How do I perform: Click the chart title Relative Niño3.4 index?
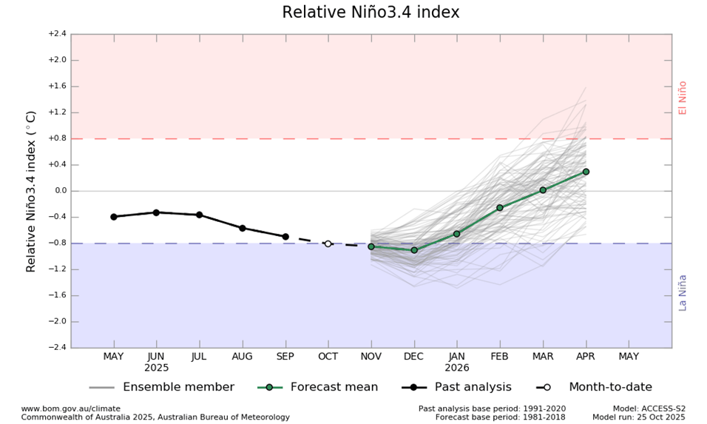371,13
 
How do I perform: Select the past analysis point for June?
156,212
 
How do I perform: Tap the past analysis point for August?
243,228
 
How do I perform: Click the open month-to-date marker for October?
328,243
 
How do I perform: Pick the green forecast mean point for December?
414,250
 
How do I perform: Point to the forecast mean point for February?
500,208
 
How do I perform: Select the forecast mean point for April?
586,172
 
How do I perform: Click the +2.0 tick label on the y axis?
57,60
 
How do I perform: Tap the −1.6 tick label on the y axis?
57,295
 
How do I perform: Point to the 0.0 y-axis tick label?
59,191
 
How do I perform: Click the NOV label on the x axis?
371,357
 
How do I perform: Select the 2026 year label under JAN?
457,368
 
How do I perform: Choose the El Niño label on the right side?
683,98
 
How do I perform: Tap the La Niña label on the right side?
683,292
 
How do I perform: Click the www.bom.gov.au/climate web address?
70,408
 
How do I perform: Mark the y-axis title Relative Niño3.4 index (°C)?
31,191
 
